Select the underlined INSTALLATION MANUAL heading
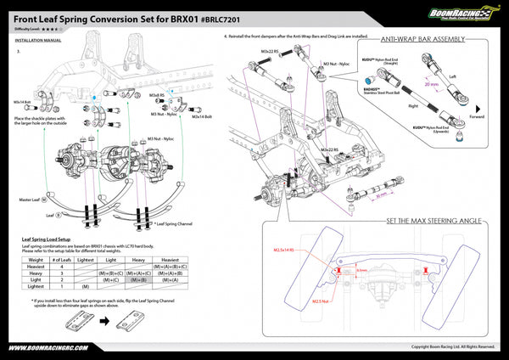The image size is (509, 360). [x=38, y=39]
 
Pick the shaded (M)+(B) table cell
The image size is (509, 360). [x=139, y=278]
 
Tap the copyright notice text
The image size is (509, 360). [x=452, y=346]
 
